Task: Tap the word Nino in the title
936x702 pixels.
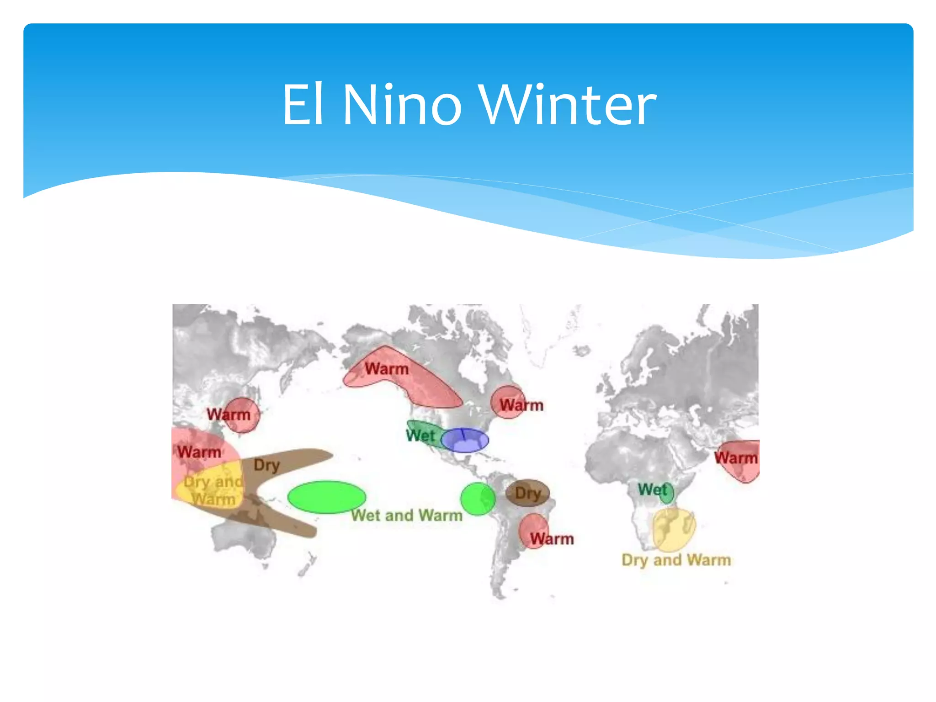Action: pyautogui.click(x=402, y=105)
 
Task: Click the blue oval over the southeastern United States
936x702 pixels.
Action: pyautogui.click(x=465, y=441)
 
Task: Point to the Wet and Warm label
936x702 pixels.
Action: pyautogui.click(x=407, y=516)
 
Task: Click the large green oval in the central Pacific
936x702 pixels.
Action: pyautogui.click(x=326, y=497)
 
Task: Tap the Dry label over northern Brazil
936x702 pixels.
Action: pyautogui.click(x=528, y=494)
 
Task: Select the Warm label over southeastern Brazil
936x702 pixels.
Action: pyautogui.click(x=552, y=539)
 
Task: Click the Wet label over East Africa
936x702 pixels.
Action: pyautogui.click(x=653, y=489)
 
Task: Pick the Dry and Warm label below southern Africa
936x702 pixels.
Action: pyautogui.click(x=676, y=560)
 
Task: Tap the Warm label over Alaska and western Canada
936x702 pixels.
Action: pyautogui.click(x=387, y=369)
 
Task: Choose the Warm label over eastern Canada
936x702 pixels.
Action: pyautogui.click(x=521, y=405)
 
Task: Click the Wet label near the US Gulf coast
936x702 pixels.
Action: pyautogui.click(x=420, y=436)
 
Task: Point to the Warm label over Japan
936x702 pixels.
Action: pyautogui.click(x=229, y=415)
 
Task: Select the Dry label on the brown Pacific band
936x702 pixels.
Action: pyautogui.click(x=266, y=465)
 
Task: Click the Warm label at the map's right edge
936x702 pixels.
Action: pyautogui.click(x=735, y=457)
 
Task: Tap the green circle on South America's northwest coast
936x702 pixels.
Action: pyautogui.click(x=478, y=499)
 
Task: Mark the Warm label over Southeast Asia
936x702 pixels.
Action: pyautogui.click(x=200, y=452)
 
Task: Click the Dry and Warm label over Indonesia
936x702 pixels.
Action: pyautogui.click(x=213, y=490)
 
